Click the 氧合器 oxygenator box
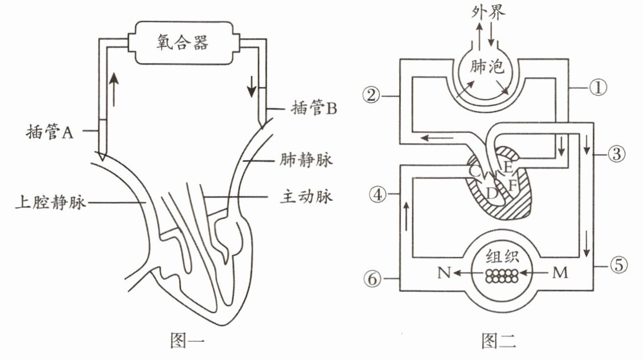coord(182,43)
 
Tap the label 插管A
coord(50,132)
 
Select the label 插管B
coord(313,108)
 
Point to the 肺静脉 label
coord(306,160)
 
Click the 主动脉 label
coord(306,197)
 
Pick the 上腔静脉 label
coord(50,203)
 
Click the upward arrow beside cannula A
coord(114,89)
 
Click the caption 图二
coord(499,341)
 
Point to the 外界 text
coord(488,13)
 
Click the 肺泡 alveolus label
coord(487,66)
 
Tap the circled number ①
coord(598,87)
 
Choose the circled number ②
coord(371,96)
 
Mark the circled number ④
coord(378,194)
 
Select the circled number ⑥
coord(372,279)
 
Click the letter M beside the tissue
coord(559,272)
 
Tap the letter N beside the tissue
coord(444,272)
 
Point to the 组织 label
coord(502,257)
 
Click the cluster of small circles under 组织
coord(502,276)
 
